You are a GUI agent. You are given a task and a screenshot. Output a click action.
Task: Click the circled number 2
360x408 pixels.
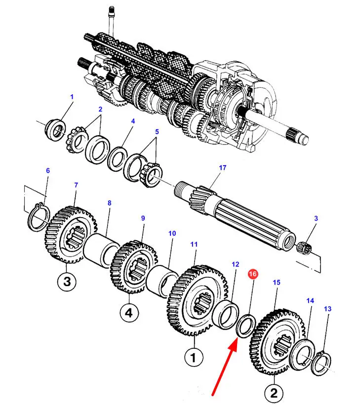(274, 394)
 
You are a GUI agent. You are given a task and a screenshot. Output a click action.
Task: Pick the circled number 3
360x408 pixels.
(67, 282)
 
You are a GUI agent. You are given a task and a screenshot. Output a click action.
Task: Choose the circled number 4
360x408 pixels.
(129, 312)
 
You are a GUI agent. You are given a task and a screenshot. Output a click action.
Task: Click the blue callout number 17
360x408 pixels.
(223, 168)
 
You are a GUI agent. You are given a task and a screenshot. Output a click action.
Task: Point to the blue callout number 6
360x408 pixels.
(48, 171)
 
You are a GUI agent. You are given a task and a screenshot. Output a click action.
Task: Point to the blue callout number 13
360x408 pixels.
(328, 309)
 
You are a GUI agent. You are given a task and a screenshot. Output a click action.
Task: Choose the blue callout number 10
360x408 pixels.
(172, 233)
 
